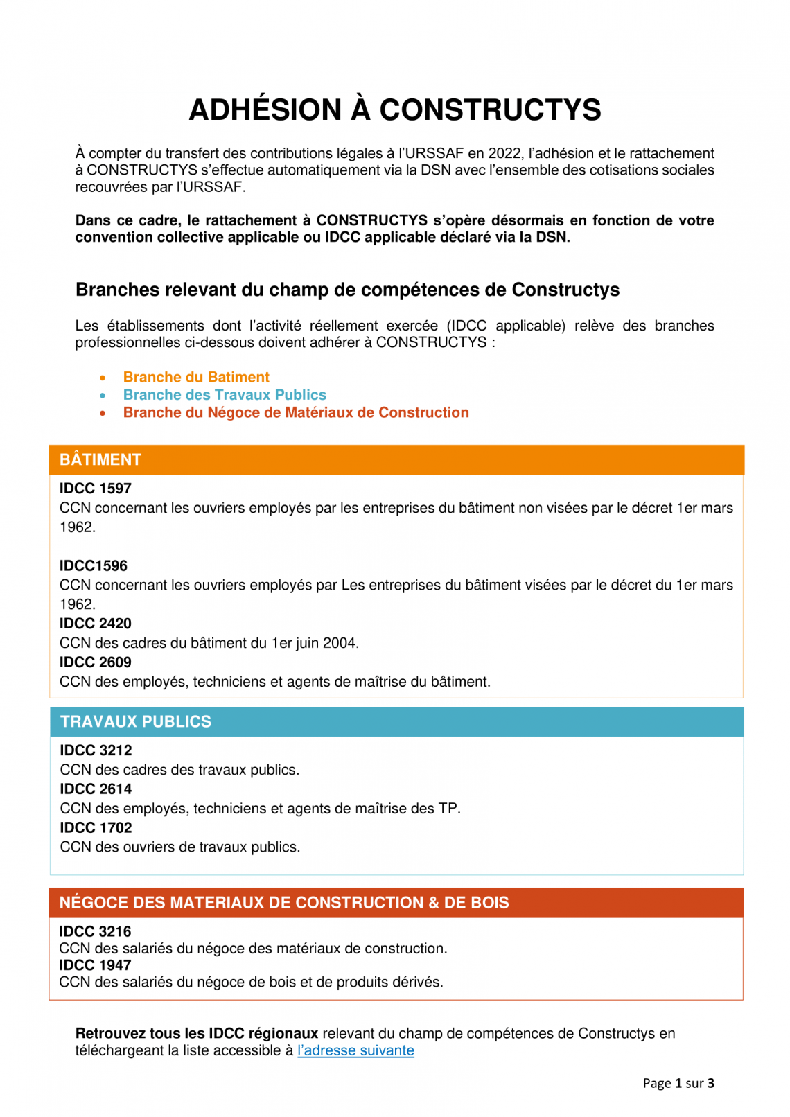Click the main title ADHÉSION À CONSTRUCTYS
395,110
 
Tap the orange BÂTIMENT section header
100,459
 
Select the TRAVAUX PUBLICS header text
136,721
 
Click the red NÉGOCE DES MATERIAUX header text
284,902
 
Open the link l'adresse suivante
355,1050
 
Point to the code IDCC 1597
96,489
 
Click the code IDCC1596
94,565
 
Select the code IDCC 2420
96,624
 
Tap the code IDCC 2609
96,662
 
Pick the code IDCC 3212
96,750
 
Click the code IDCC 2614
96,789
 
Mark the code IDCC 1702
96,828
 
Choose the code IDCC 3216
95,931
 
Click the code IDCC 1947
95,965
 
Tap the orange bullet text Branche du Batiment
196,377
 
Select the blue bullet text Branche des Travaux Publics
225,395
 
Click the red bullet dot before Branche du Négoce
103,414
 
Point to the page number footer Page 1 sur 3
678,1083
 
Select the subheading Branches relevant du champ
347,290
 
